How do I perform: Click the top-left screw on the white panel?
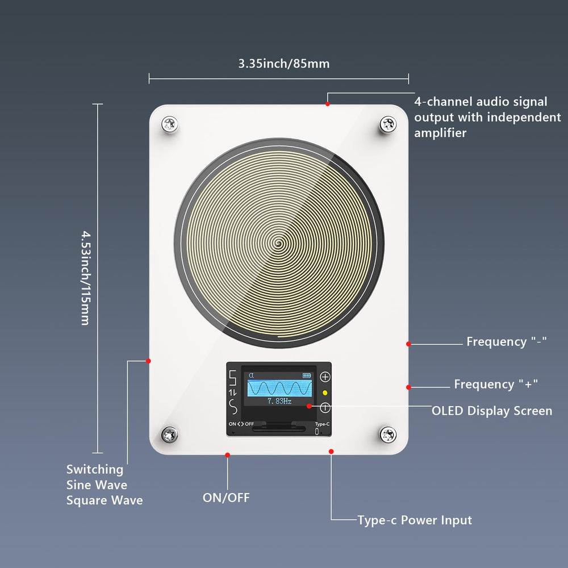(169, 124)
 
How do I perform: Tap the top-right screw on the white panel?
(388, 124)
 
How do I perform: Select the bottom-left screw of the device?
(169, 435)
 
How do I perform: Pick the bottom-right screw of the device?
(388, 435)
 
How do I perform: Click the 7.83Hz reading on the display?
(279, 401)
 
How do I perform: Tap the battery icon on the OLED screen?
(307, 375)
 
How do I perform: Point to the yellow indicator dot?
(325, 392)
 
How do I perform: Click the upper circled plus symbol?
(325, 377)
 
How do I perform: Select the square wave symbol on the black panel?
(233, 378)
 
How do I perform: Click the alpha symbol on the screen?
(252, 375)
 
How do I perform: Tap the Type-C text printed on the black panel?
(322, 424)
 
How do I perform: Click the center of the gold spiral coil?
(278, 243)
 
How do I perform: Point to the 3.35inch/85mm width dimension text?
(284, 64)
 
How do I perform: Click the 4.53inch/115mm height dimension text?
(86, 278)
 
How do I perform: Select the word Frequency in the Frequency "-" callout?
(496, 341)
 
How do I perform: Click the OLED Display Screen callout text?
(492, 411)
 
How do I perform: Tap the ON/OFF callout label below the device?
(227, 498)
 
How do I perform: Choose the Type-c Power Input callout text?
(415, 520)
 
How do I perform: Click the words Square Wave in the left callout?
(105, 500)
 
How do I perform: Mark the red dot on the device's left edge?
(148, 361)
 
